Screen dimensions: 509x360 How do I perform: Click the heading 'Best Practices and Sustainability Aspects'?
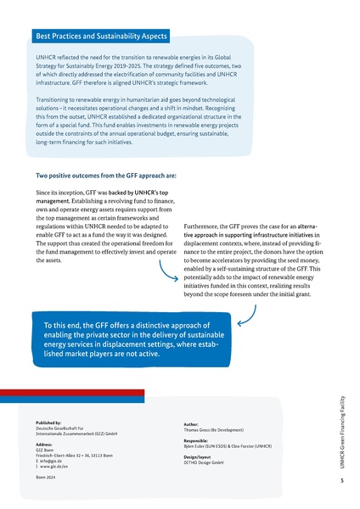pos(99,36)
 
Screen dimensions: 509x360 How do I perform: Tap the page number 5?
pos(340,480)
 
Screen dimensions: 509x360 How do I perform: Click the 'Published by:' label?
pos(54,422)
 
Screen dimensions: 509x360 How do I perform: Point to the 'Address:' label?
pos(48,444)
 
